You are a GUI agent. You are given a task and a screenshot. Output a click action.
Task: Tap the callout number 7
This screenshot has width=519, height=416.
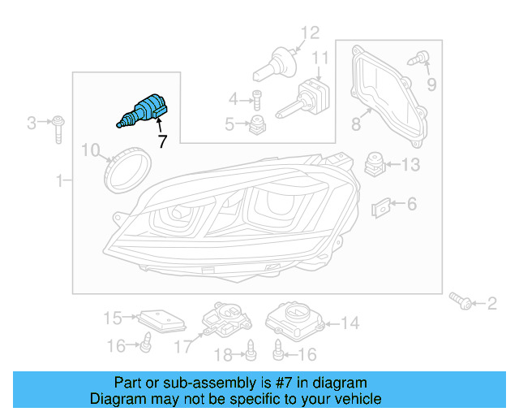pos(162,141)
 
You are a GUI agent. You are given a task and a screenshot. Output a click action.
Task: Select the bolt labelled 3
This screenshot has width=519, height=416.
pos(58,128)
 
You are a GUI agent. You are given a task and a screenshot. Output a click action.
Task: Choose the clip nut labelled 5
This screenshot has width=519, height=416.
pos(259,124)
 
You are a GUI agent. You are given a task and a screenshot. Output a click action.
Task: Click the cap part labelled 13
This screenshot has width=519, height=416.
pos(375,163)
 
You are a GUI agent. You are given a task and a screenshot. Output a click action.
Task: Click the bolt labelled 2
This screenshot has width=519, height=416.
pos(462,304)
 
